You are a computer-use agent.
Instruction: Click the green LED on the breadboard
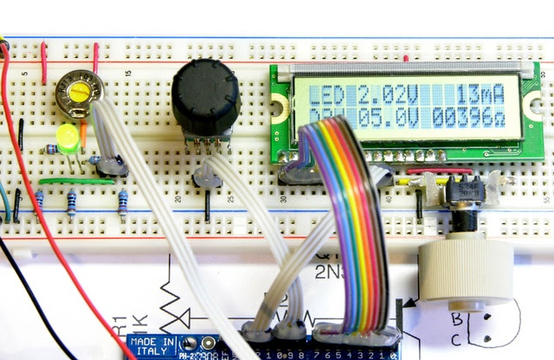click(x=66, y=137)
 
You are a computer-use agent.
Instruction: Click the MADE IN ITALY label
click(x=152, y=344)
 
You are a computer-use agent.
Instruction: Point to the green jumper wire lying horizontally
click(x=76, y=181)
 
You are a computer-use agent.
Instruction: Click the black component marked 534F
click(x=468, y=190)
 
